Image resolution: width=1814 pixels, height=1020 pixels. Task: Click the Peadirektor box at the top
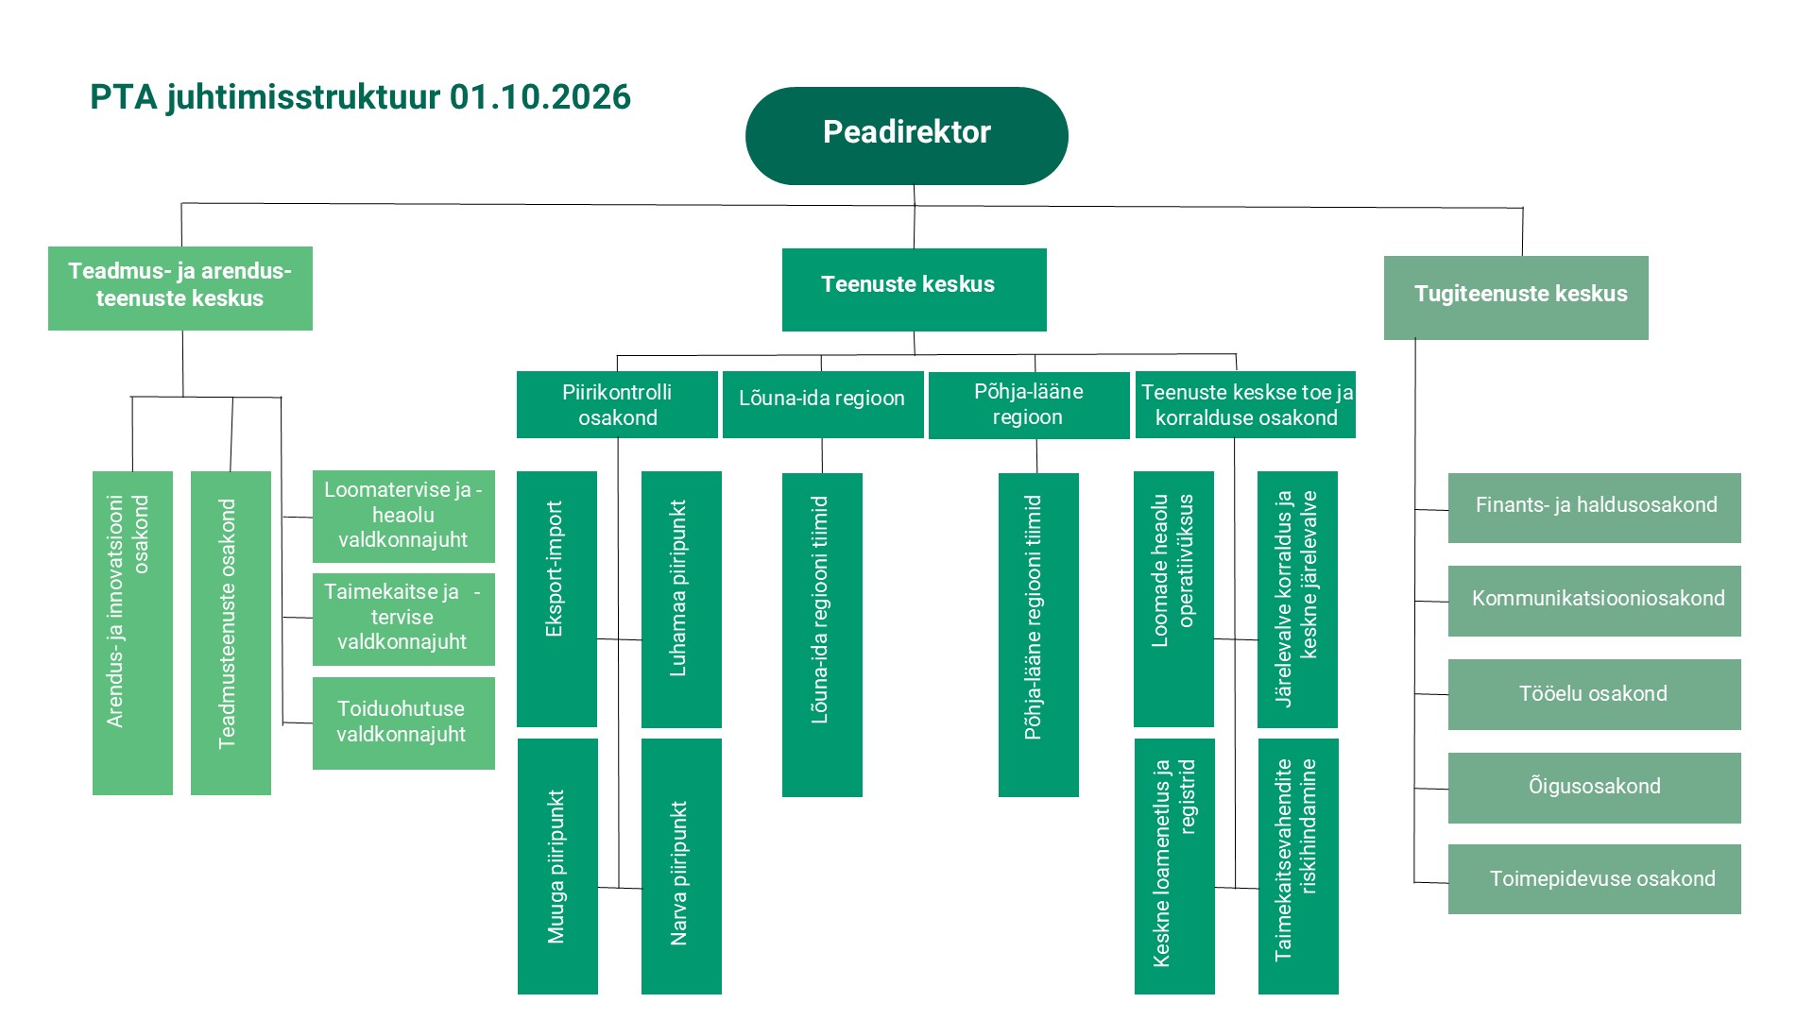tap(907, 136)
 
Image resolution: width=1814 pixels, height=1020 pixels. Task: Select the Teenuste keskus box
tap(915, 290)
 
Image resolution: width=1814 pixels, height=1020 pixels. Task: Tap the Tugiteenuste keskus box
tap(1516, 297)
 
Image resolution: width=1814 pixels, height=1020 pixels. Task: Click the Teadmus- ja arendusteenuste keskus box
tap(180, 289)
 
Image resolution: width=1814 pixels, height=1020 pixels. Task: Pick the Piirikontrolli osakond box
tap(617, 404)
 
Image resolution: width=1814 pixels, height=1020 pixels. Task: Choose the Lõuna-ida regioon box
tap(823, 404)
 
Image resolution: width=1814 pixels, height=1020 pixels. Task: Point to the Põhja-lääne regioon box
tap(1029, 405)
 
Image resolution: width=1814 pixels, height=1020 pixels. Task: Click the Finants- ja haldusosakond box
tap(1595, 508)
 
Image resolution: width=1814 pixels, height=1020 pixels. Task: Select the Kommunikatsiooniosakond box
tap(1595, 601)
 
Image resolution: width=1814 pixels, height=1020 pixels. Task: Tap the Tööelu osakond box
tap(1595, 694)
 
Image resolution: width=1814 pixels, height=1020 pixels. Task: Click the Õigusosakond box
tap(1595, 788)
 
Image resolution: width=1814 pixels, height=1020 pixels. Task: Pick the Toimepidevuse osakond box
tap(1595, 879)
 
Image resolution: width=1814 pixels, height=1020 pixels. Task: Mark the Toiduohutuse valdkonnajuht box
tap(403, 723)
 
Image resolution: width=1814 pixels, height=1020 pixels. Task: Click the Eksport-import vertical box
tap(556, 599)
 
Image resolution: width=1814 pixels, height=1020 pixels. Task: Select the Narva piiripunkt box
tap(681, 866)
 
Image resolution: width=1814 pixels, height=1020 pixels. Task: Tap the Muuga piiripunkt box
tap(557, 866)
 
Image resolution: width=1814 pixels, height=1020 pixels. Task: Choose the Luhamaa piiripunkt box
tap(681, 600)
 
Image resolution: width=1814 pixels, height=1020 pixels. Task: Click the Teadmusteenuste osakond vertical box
tap(231, 633)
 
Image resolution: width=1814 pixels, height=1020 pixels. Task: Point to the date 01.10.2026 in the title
tap(540, 97)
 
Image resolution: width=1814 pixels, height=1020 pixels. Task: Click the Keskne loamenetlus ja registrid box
tap(1174, 866)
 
